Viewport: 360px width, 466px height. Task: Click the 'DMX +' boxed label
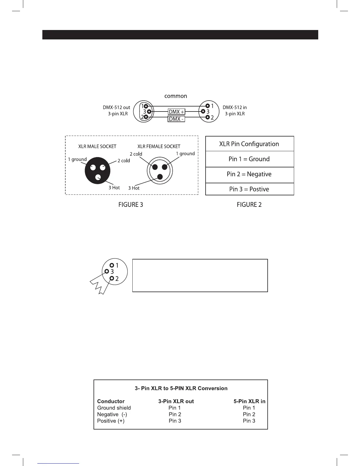pyautogui.click(x=176, y=112)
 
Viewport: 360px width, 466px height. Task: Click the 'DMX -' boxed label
pyautogui.click(x=176, y=119)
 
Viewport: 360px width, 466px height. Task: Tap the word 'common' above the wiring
pyautogui.click(x=176, y=96)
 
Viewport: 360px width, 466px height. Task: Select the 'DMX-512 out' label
pyautogui.click(x=116, y=108)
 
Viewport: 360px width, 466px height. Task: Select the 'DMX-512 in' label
pyautogui.click(x=235, y=108)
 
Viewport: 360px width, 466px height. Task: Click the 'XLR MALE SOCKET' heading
pyautogui.click(x=97, y=147)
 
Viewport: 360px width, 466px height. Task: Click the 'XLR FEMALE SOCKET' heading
pyautogui.click(x=159, y=147)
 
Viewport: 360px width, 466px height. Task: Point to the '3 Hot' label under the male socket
pyautogui.click(x=114, y=188)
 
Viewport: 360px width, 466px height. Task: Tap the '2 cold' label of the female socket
pyautogui.click(x=136, y=154)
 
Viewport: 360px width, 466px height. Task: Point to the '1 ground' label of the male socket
pyautogui.click(x=77, y=159)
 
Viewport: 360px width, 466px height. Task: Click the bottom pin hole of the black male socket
pyautogui.click(x=99, y=177)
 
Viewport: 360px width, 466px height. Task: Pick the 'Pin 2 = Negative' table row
pyautogui.click(x=249, y=174)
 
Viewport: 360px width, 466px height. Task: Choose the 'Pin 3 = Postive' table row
pyautogui.click(x=249, y=189)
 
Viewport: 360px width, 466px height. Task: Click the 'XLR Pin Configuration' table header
pyautogui.click(x=249, y=144)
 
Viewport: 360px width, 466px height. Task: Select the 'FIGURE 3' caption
pyautogui.click(x=131, y=205)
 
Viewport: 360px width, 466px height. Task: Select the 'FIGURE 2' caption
pyautogui.click(x=249, y=205)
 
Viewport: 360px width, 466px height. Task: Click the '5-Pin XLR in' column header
pyautogui.click(x=249, y=401)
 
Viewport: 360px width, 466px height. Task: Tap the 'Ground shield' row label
pyautogui.click(x=114, y=408)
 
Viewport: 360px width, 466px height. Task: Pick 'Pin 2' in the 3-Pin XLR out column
pyautogui.click(x=175, y=414)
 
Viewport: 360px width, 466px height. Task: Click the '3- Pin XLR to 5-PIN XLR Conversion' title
pyautogui.click(x=181, y=388)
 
